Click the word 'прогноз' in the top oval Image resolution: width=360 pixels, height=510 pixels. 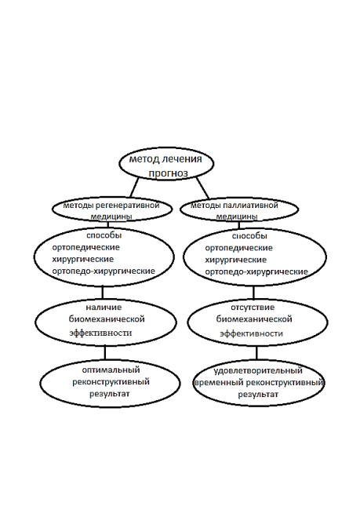[x=168, y=173]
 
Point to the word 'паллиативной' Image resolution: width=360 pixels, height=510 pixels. [x=249, y=206]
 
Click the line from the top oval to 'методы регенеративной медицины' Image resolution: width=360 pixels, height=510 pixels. [x=134, y=188]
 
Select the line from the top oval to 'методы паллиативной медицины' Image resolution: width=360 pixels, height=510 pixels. [x=202, y=188]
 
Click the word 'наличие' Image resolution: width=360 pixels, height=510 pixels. [x=104, y=308]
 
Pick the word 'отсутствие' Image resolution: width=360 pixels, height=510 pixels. [x=253, y=308]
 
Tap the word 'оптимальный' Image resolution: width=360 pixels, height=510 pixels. [x=111, y=370]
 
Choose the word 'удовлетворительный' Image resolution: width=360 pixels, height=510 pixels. [x=258, y=370]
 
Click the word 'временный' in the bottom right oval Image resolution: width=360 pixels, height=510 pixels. [x=220, y=383]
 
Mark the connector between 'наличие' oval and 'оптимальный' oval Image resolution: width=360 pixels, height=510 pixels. [x=105, y=353]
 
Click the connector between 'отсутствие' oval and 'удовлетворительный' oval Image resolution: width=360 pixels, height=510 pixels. [x=256, y=353]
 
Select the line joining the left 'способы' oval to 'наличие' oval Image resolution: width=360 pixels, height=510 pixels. [x=103, y=293]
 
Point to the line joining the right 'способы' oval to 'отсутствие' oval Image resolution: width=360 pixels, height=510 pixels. [x=253, y=293]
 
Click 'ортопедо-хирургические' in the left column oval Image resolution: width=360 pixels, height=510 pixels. [x=104, y=271]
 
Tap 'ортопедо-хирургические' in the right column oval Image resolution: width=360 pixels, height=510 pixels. [x=256, y=272]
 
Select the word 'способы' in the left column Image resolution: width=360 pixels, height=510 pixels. [x=104, y=235]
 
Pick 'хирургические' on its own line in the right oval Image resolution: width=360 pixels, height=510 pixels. [x=236, y=260]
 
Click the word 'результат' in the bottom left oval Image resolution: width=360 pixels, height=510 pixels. [x=110, y=394]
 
